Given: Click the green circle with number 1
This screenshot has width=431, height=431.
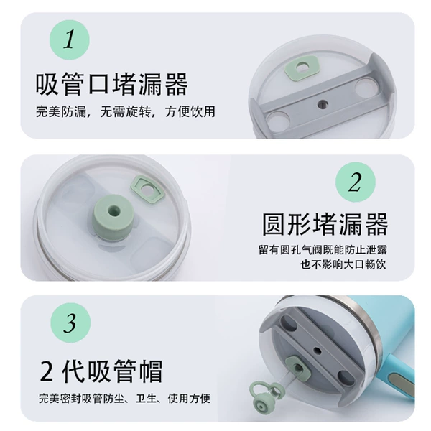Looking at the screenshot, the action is coord(70,40).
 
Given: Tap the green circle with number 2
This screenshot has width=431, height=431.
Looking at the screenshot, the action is coord(356,182).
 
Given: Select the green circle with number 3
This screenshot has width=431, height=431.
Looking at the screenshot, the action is coord(70,323).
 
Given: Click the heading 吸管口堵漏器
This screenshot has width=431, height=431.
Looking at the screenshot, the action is coord(111,84).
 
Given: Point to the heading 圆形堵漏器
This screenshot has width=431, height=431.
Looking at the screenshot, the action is coord(325,224).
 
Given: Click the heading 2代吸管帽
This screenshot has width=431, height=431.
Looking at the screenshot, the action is coord(101,371).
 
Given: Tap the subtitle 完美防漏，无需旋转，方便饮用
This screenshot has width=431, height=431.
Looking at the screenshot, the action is coord(126,112).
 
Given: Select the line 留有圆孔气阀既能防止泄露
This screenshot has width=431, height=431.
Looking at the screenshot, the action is coord(323,250).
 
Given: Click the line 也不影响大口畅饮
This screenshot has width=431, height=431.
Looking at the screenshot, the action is coord(343,264).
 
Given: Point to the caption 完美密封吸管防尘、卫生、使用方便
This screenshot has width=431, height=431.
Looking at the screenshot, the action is coord(124,398).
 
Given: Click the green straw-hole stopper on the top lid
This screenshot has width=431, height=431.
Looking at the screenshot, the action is coord(302,68).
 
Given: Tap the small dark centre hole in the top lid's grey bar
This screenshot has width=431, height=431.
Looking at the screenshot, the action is coord(323,104).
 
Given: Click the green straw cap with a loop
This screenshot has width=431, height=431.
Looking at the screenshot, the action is coord(265,394).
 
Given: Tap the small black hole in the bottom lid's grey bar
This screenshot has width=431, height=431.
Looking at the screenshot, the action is coord(318,351).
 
